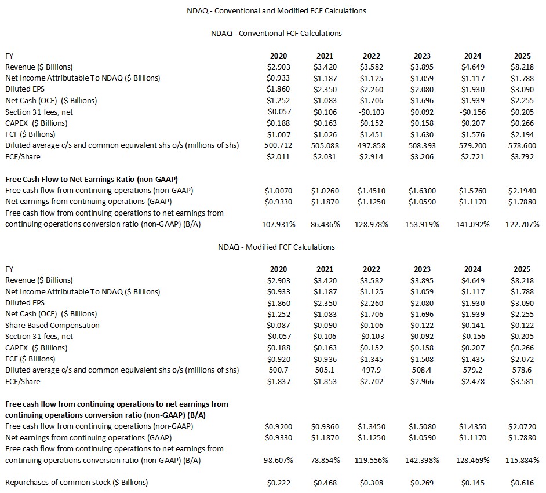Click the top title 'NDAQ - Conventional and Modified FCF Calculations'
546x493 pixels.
276,10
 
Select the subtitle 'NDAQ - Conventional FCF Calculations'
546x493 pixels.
276,33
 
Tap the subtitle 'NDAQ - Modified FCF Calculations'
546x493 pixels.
276,247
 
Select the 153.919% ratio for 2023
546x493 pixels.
422,224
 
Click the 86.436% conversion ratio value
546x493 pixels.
325,224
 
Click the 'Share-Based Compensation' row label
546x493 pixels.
52,325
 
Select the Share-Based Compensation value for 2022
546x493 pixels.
372,325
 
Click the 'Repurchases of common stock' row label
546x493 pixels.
77,483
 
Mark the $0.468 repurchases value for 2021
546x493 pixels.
325,483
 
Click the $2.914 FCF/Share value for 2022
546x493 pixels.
372,156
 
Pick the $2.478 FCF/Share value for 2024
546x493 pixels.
472,381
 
